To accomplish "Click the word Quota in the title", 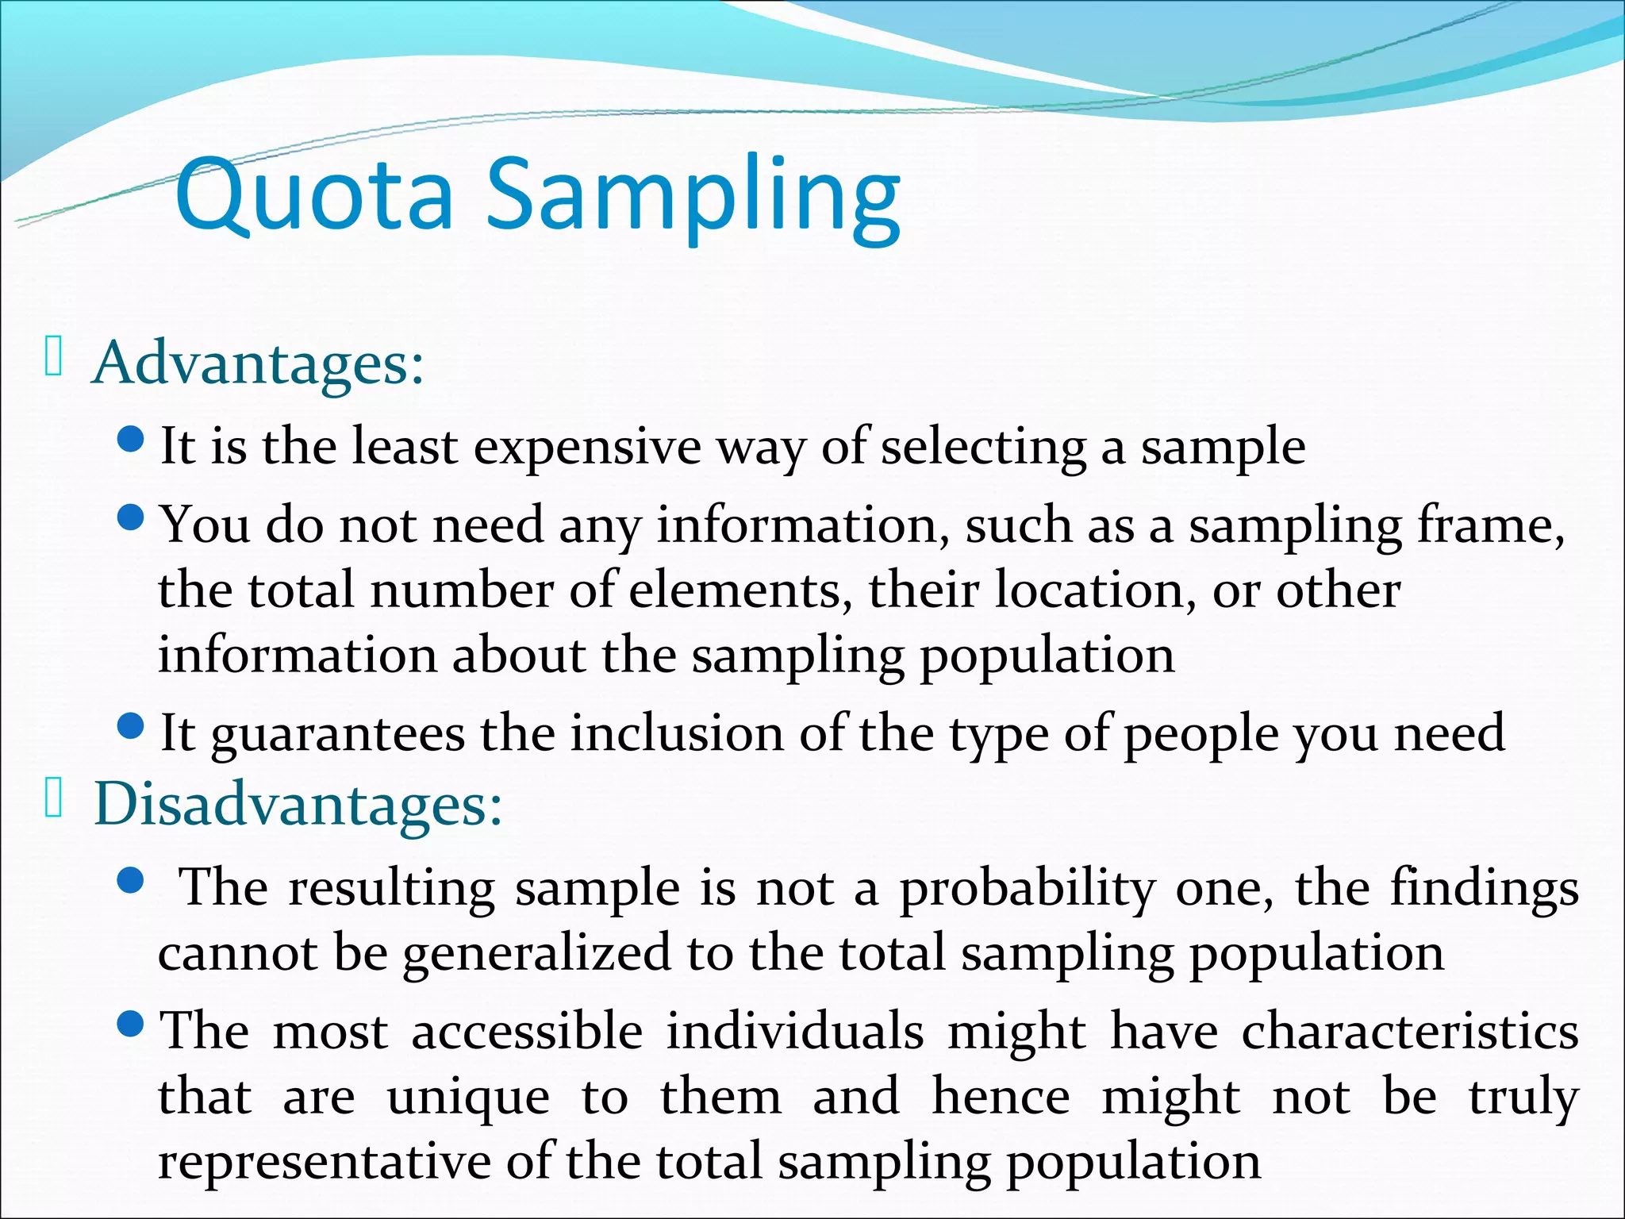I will point(314,194).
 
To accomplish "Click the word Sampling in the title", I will point(693,198).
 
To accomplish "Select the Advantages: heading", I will point(259,363).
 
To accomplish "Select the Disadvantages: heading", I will point(298,805).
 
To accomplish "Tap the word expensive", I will point(587,448).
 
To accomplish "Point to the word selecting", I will point(984,448).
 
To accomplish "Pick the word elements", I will point(735,591).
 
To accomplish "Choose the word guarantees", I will point(338,734).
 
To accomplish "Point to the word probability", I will point(1028,889).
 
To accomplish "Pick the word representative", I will point(325,1163).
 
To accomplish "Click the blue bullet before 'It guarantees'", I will point(130,725).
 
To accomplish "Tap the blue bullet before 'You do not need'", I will point(130,519).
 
